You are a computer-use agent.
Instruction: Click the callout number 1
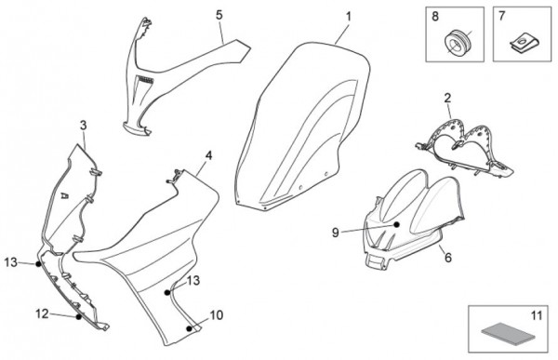349,17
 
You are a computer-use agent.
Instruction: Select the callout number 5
219,15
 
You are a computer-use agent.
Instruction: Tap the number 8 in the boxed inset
435,17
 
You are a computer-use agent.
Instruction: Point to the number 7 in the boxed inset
502,16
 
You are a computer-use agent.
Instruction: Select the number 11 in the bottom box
536,315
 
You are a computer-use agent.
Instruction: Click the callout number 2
447,98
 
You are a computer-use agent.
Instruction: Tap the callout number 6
448,257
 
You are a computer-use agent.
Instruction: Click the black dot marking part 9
396,224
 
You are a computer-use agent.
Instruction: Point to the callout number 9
335,233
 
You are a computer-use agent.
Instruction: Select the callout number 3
84,126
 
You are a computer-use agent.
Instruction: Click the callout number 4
209,155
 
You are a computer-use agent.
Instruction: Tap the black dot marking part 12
79,316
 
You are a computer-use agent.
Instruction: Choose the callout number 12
42,313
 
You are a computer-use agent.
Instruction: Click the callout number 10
217,315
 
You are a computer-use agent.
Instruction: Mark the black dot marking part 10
189,328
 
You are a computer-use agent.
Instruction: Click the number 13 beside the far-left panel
10,262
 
